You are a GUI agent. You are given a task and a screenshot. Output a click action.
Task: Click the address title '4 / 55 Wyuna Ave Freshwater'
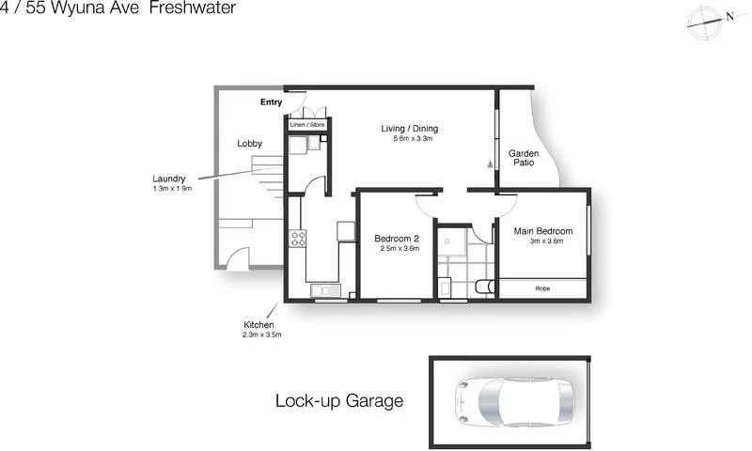(117, 8)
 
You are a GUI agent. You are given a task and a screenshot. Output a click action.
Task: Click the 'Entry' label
(272, 101)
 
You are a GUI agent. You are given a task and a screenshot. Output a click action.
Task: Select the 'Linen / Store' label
(306, 124)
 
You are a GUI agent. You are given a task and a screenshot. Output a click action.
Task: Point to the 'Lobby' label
(249, 144)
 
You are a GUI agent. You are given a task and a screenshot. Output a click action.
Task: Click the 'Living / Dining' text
(409, 129)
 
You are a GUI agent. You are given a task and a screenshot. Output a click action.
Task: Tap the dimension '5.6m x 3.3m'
(412, 139)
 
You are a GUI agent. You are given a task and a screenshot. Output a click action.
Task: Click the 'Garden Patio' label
(522, 158)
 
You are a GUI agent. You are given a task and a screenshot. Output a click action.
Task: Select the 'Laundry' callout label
(169, 179)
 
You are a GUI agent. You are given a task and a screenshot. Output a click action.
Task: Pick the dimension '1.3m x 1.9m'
(172, 189)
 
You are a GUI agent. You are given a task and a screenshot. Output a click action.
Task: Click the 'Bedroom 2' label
(396, 239)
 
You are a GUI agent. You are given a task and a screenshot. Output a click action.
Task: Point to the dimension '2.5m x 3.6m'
(397, 249)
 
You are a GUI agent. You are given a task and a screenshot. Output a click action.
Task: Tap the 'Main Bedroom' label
(543, 230)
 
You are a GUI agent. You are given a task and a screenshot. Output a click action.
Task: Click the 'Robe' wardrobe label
(542, 288)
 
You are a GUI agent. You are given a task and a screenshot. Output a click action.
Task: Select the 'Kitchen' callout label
(258, 324)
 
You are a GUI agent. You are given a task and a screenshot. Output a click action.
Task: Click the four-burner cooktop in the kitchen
(298, 239)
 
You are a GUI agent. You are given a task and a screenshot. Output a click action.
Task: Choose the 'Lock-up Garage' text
(338, 401)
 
